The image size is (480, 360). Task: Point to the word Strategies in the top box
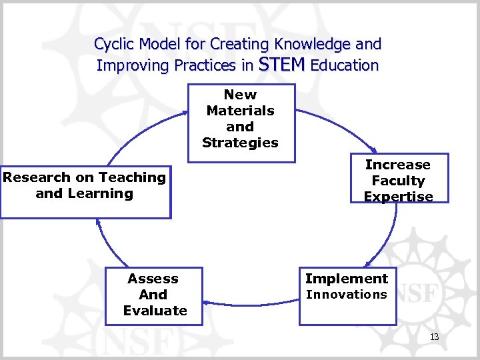pos(240,143)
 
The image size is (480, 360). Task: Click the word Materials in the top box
pos(240,111)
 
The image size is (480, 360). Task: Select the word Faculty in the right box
pos(398,181)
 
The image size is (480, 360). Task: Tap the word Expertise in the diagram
pos(398,197)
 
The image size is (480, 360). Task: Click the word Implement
pos(346,279)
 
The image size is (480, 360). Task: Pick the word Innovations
pos(346,295)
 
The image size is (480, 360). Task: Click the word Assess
pos(153,279)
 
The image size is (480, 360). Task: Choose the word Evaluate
pos(155,311)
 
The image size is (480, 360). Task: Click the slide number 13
pos(434,337)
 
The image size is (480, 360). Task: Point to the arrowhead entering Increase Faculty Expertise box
pos(373,151)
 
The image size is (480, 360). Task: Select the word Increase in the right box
pos(398,165)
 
